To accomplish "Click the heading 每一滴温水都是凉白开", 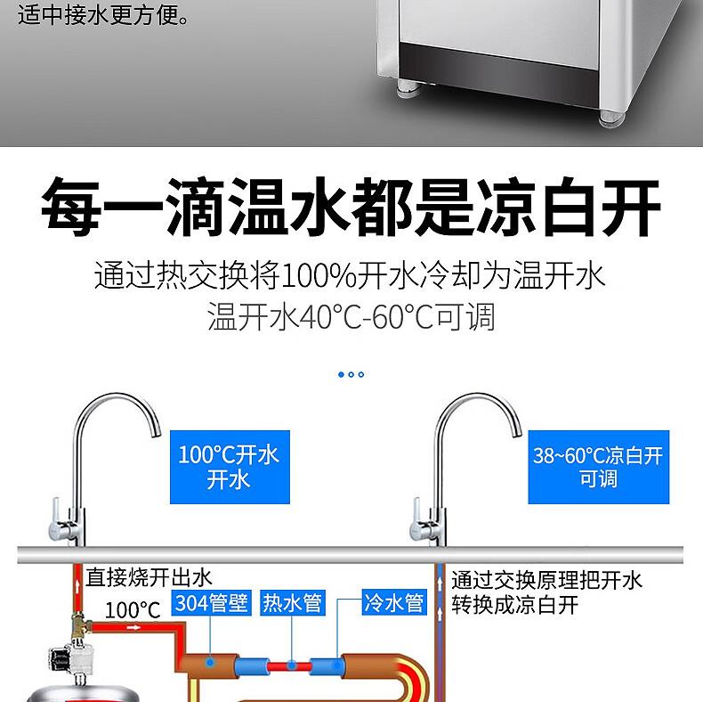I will coord(351,208).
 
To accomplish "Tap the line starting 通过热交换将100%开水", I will coord(350,274).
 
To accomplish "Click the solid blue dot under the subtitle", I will coord(341,374).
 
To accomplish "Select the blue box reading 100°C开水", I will coord(229,467).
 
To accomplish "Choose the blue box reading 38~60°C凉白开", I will coord(597,467).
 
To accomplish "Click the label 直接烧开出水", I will coord(149,578).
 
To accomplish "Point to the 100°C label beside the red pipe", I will coord(132,610).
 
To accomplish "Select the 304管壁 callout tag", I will coord(211,602).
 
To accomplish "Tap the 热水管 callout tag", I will coord(291,602).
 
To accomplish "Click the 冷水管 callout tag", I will coord(393,602).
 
